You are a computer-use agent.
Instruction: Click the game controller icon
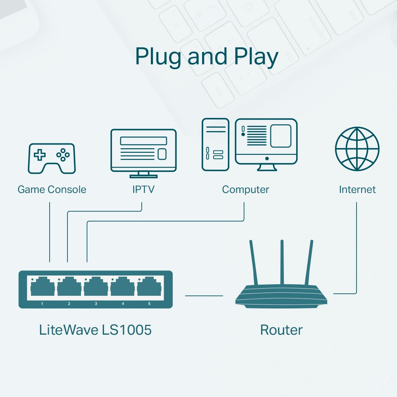click(52, 158)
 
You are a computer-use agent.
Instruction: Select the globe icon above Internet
click(357, 149)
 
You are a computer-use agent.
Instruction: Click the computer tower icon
click(215, 145)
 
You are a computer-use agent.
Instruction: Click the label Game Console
click(52, 189)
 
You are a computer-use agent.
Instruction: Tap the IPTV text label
click(143, 189)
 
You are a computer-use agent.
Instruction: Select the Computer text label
click(245, 189)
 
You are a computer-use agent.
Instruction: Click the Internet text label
click(357, 189)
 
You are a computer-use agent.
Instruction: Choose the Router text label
click(281, 330)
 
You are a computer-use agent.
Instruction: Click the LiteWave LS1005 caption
click(95, 330)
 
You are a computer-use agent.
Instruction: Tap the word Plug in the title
click(159, 57)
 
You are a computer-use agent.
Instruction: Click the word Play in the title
click(256, 57)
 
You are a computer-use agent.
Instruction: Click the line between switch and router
click(204, 295)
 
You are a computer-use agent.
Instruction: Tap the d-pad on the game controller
click(40, 155)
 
